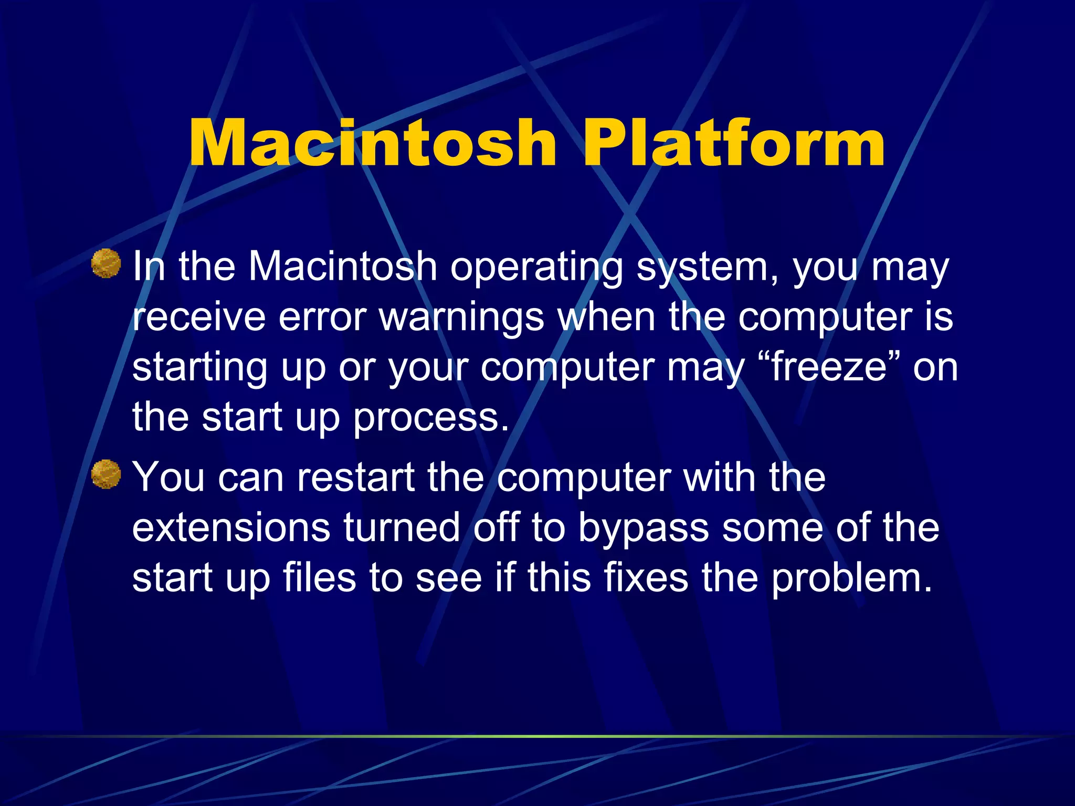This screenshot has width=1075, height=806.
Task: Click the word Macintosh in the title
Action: [x=372, y=143]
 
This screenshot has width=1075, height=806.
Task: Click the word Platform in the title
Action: [x=734, y=143]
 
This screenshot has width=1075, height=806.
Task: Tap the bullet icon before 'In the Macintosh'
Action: [x=106, y=263]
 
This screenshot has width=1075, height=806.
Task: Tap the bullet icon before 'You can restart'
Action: [x=106, y=474]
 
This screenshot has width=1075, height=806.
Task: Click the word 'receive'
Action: [x=198, y=317]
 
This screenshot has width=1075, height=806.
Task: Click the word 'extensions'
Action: [x=231, y=527]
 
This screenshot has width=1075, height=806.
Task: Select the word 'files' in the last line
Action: [x=319, y=577]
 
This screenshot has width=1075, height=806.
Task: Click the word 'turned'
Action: [x=402, y=527]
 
